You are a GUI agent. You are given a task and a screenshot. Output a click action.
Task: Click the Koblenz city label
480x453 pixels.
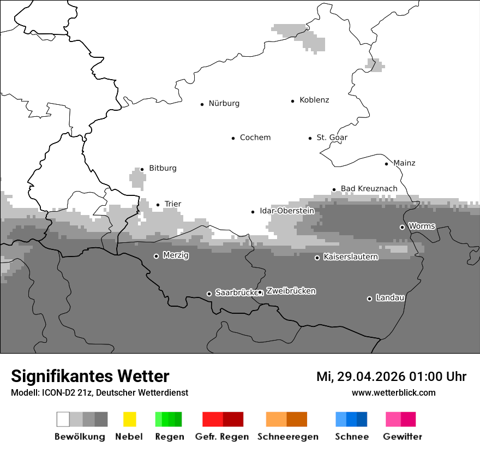click(x=314, y=100)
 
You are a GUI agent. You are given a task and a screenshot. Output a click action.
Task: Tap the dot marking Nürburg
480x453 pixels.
click(x=202, y=104)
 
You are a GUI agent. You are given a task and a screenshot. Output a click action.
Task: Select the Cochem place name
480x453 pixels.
click(x=255, y=138)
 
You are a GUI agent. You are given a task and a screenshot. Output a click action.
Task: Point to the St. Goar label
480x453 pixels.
click(x=332, y=138)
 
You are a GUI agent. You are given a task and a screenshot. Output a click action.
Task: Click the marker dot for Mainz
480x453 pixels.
click(x=386, y=164)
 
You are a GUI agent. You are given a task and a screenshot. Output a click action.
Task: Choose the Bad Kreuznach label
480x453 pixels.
click(x=369, y=189)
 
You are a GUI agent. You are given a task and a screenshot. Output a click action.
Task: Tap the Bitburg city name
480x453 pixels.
click(x=163, y=168)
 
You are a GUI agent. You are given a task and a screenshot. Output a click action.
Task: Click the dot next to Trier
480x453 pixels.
click(x=158, y=205)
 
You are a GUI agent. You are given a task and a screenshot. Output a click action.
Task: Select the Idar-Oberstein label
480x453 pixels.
click(x=287, y=211)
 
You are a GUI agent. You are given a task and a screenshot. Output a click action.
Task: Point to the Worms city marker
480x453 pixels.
click(x=402, y=227)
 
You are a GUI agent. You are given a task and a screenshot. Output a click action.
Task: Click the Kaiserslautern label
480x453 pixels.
click(x=350, y=257)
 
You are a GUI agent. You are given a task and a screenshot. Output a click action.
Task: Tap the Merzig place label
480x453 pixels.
click(x=175, y=255)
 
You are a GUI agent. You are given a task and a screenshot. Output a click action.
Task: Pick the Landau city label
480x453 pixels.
click(x=390, y=297)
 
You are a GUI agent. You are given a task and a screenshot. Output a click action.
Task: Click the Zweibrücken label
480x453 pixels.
click(x=291, y=291)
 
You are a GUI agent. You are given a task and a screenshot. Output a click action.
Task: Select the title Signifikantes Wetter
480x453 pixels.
click(x=90, y=376)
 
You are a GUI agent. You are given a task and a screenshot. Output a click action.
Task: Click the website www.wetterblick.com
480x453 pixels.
click(x=393, y=392)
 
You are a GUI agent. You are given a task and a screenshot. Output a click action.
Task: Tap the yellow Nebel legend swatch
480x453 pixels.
click(x=129, y=419)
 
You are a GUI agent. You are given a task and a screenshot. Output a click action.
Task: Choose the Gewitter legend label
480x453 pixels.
click(x=402, y=437)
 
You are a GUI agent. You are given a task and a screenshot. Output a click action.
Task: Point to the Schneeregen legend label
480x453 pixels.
click(x=288, y=437)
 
